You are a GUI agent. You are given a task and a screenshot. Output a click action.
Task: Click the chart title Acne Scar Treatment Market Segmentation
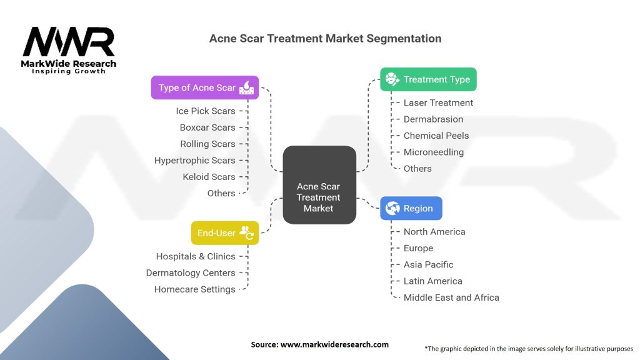tap(325, 39)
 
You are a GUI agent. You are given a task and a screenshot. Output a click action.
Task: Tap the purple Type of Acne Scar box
tap(204, 87)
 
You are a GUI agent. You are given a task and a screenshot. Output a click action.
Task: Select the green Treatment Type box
tap(428, 79)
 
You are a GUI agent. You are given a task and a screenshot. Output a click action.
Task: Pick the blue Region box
tap(411, 209)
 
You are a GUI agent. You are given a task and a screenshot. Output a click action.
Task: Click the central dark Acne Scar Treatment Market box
tap(319, 186)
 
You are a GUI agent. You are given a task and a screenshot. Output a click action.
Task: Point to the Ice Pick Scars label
tap(206, 111)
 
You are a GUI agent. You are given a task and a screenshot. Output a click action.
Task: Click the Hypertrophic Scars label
tap(195, 161)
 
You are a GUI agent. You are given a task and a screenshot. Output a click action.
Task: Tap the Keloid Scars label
tap(209, 177)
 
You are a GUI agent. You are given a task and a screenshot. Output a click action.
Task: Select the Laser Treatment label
tap(438, 103)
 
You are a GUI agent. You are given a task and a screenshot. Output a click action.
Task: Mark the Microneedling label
tap(434, 152)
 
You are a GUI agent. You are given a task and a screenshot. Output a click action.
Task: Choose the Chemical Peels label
tap(436, 136)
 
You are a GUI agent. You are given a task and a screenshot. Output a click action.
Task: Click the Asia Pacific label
tap(428, 265)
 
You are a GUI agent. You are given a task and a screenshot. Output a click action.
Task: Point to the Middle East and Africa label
tap(451, 298)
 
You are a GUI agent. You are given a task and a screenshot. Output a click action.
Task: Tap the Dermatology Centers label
tap(191, 273)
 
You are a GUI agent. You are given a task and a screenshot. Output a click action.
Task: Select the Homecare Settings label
tap(195, 289)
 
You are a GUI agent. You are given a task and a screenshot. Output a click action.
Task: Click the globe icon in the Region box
tap(393, 209)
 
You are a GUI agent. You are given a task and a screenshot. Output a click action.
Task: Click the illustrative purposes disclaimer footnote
tap(528, 349)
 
